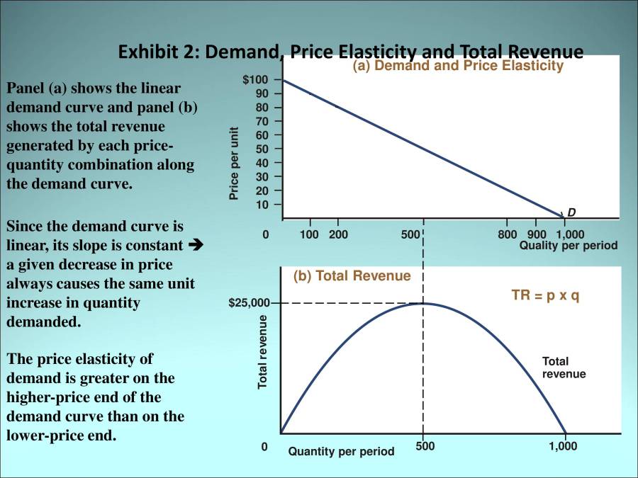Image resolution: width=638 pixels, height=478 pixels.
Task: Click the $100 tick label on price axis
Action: click(254, 79)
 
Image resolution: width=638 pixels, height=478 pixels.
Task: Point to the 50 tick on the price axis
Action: click(262, 149)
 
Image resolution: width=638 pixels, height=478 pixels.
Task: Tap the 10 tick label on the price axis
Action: click(262, 205)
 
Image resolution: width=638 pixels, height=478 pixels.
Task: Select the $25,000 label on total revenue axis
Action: click(249, 303)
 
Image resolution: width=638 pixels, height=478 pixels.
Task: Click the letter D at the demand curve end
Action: click(571, 212)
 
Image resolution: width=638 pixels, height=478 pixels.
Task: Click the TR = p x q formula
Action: click(545, 295)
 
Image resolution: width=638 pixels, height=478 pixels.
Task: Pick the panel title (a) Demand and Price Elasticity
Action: click(457, 66)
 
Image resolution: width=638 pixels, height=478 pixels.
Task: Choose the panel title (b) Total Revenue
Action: click(352, 276)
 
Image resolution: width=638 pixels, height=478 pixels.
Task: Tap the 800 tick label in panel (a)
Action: click(507, 234)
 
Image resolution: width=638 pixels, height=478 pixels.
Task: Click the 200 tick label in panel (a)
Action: click(338, 234)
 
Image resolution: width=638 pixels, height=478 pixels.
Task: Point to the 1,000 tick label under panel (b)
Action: click(564, 446)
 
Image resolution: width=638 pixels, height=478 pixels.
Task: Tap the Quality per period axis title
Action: click(569, 246)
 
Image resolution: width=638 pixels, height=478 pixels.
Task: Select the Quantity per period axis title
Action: click(341, 452)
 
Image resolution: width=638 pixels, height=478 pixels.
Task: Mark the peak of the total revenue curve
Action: click(423, 304)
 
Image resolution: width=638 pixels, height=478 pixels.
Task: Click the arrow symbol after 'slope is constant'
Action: click(198, 245)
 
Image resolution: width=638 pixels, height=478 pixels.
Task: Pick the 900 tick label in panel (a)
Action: click(537, 234)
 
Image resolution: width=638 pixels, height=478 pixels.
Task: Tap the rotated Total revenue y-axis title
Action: click(262, 352)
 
